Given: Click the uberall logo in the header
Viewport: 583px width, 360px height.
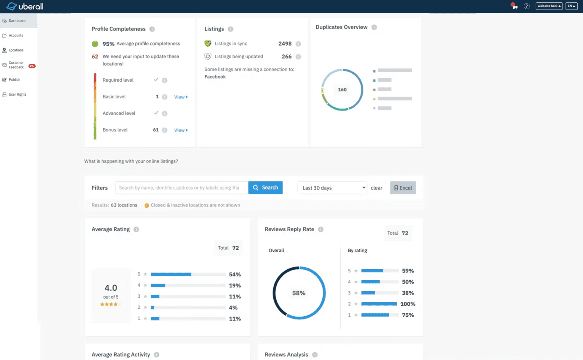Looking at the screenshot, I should click(25, 6).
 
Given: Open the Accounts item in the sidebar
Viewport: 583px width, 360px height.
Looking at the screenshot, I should click(16, 35).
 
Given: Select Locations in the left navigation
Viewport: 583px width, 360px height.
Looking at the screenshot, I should click(16, 50).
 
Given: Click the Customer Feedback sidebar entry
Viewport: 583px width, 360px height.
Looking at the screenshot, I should click(16, 65).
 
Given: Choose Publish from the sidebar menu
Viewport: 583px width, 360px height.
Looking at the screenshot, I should click(14, 80).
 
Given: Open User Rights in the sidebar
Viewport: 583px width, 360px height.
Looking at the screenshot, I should click(17, 95).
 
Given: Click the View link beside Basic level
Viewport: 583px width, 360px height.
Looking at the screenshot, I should click(181, 97).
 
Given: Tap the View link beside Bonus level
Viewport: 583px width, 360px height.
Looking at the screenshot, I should click(181, 130).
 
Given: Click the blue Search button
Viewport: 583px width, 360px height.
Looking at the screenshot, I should click(265, 188).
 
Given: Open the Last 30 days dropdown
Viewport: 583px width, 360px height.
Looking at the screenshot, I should click(332, 188).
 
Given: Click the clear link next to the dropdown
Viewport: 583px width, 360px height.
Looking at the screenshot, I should click(376, 188).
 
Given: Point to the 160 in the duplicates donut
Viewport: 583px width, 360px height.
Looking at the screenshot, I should click(342, 90).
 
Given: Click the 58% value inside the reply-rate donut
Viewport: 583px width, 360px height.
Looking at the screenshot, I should click(299, 293).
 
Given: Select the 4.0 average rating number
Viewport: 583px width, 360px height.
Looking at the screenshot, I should click(111, 288).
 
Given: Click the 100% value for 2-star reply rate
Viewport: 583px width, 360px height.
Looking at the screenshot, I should click(408, 304).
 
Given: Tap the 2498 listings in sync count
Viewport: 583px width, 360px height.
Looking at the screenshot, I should click(285, 44).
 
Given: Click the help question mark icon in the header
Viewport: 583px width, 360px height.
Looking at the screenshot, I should click(526, 6).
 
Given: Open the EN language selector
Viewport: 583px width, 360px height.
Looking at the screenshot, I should click(571, 6).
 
